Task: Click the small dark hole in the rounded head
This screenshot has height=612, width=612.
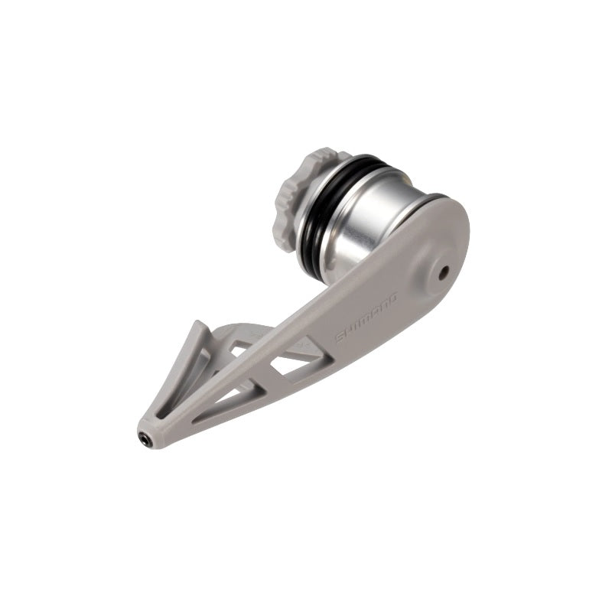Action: [443, 273]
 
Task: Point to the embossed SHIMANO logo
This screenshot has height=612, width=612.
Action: [367, 317]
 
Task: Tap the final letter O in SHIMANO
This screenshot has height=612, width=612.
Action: [392, 298]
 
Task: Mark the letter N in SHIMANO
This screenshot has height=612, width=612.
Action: [383, 304]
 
